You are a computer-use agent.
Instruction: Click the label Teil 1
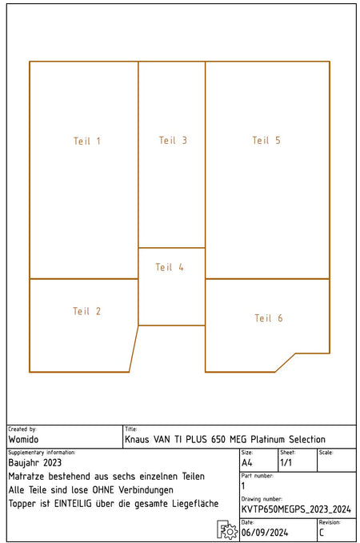[x=87, y=141]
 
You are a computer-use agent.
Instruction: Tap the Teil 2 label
[x=86, y=311]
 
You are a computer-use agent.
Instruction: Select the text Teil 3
[x=173, y=140]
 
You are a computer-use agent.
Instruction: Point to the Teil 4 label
[x=170, y=267]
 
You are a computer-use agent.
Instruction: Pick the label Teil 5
[x=266, y=140]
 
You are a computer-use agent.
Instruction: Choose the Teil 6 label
[x=269, y=318]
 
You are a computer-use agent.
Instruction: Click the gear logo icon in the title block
[x=227, y=529]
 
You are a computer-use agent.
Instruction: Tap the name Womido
[x=23, y=440]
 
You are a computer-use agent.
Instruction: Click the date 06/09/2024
[x=265, y=533]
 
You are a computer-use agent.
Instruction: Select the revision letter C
[x=322, y=533]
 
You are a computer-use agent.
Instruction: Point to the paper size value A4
[x=247, y=463]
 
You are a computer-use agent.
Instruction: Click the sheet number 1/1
[x=286, y=463]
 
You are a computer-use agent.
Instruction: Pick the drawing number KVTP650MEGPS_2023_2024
[x=296, y=509]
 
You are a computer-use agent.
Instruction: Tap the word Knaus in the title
[x=137, y=440]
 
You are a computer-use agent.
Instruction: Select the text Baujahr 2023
[x=34, y=463]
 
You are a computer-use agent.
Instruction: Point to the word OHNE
[x=103, y=490]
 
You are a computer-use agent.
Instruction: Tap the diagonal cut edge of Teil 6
[x=286, y=363]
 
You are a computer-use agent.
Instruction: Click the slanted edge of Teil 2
[x=134, y=349]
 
